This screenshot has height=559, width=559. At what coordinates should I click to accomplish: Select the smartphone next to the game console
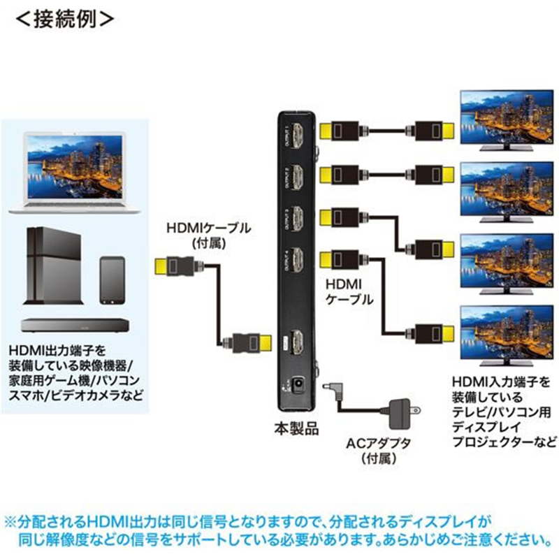[x=112, y=279]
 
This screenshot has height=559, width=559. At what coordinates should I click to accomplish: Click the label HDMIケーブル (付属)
[x=208, y=235]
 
